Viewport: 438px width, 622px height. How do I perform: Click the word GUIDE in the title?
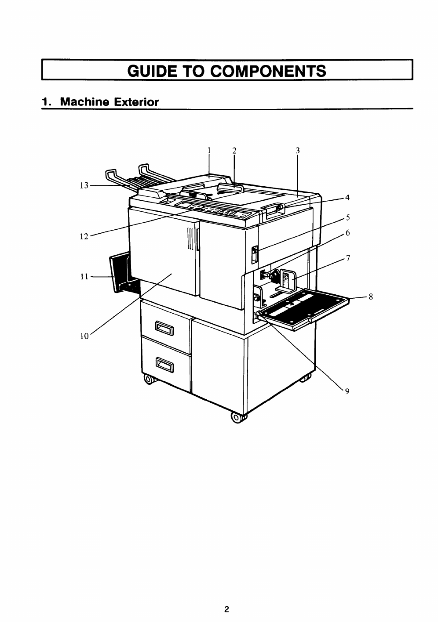click(152, 70)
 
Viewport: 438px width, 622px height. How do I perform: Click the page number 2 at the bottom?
click(226, 597)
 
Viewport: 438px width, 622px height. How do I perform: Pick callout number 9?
click(347, 392)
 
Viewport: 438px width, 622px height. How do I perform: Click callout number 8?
click(371, 297)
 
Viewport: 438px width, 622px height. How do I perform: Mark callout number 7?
click(348, 258)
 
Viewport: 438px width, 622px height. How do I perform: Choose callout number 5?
click(347, 217)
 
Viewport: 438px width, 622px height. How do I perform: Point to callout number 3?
click(298, 150)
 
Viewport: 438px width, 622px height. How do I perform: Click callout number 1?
click(209, 150)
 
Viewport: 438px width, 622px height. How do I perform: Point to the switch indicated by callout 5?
click(253, 254)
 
